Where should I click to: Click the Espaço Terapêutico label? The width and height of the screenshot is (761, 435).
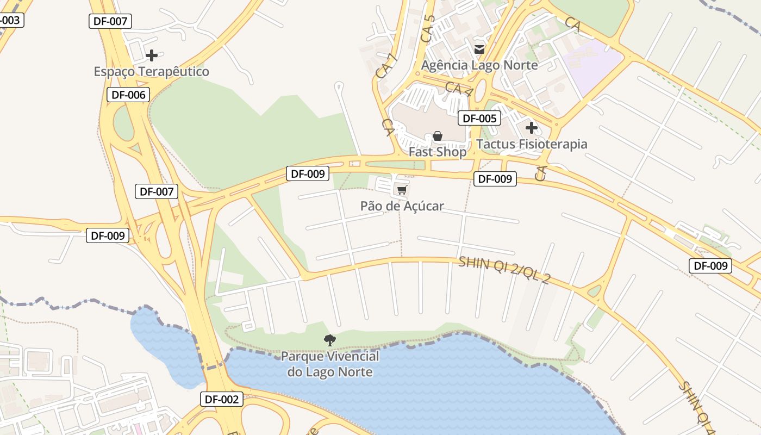pyautogui.click(x=151, y=71)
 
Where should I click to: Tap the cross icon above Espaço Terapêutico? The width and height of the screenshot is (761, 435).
pyautogui.click(x=152, y=55)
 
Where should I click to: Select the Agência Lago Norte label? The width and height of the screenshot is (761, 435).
pyautogui.click(x=479, y=65)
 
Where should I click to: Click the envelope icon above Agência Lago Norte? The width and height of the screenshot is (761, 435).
pyautogui.click(x=479, y=49)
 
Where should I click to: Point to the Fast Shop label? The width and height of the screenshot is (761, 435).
pyautogui.click(x=437, y=152)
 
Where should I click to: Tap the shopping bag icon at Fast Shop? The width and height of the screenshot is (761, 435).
pyautogui.click(x=438, y=136)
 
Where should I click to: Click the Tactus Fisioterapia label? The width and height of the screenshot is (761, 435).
pyautogui.click(x=532, y=144)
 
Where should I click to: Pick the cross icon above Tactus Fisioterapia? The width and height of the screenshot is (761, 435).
pyautogui.click(x=532, y=128)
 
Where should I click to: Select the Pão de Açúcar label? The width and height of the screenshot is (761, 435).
pyautogui.click(x=402, y=206)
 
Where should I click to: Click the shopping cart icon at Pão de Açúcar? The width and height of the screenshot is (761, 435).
pyautogui.click(x=402, y=190)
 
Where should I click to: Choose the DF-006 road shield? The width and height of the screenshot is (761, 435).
pyautogui.click(x=128, y=95)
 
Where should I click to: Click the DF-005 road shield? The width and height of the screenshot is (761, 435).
pyautogui.click(x=479, y=118)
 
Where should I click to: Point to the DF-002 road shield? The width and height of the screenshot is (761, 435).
pyautogui.click(x=221, y=399)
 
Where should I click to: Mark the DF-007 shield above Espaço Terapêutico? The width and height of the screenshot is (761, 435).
pyautogui.click(x=110, y=21)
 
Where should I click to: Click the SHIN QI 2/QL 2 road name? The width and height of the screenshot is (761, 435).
pyautogui.click(x=504, y=270)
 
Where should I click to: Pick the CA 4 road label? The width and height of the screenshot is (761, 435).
pyautogui.click(x=458, y=90)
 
